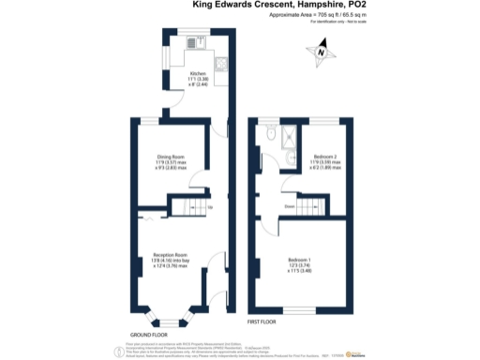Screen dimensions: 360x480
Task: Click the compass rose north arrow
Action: [322, 52]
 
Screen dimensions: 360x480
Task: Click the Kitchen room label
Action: [198, 75]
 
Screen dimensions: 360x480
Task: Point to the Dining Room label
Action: [171, 161]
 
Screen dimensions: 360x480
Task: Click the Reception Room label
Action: [171, 259]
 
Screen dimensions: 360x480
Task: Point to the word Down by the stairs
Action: [290, 206]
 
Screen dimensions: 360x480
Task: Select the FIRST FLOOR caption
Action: [263, 322]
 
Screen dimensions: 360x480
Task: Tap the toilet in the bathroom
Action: [270, 136]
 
